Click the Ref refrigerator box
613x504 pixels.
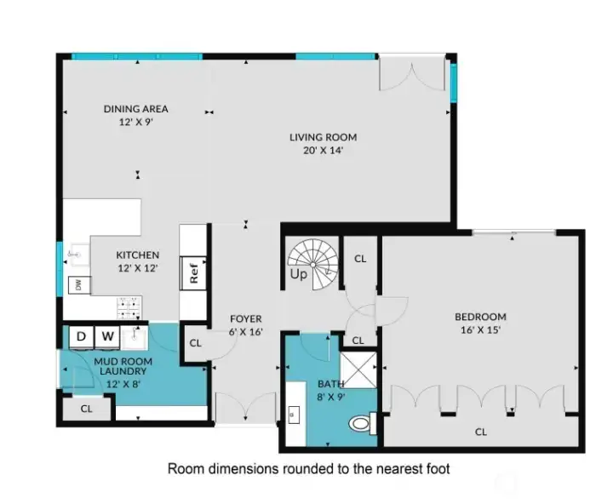(194, 274)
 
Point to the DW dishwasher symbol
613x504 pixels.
(78, 284)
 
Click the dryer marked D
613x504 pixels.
(82, 335)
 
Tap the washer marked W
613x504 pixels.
(108, 335)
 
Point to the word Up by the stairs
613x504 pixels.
(299, 276)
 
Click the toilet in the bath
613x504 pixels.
(361, 422)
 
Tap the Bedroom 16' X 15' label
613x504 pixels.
(480, 323)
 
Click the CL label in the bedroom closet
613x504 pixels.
(481, 432)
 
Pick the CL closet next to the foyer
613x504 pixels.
(195, 343)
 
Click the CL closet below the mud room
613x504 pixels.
(87, 409)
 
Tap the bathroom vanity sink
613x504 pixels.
(295, 415)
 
